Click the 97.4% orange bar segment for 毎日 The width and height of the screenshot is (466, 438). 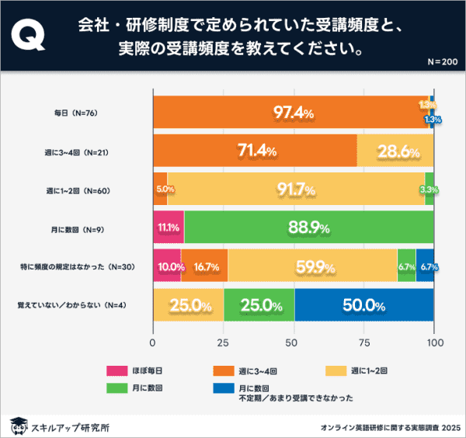coord(291,113)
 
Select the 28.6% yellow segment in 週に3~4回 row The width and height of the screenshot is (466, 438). coord(395,151)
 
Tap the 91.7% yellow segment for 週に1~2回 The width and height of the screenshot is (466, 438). coord(296,189)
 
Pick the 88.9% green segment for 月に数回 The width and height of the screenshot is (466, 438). coord(309,228)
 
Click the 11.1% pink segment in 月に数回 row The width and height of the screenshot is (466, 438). coord(169,228)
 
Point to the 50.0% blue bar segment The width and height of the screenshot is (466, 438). coord(364,305)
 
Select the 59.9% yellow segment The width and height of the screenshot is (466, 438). coord(312,266)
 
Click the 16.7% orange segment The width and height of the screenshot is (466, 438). coord(204,266)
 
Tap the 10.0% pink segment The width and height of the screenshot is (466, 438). coord(167,266)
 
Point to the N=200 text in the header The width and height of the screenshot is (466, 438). coord(443,61)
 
